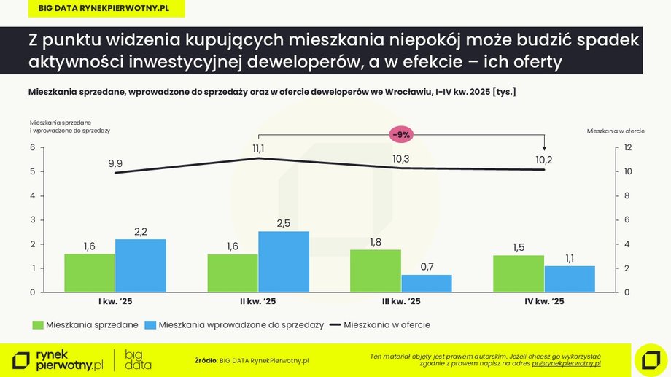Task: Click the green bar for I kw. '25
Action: (x=89, y=273)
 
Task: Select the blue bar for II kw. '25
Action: (x=284, y=262)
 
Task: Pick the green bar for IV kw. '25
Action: (x=518, y=273)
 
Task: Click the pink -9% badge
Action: (x=401, y=135)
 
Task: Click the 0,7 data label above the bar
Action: (x=427, y=267)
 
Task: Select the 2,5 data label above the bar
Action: (x=284, y=224)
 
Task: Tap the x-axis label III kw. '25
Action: (x=400, y=302)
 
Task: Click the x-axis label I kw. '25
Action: (x=115, y=302)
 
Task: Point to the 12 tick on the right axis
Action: (x=616, y=148)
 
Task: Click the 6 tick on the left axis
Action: (x=32, y=148)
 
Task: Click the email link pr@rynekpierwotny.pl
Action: (x=566, y=362)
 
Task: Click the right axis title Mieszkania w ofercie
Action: (x=615, y=131)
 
